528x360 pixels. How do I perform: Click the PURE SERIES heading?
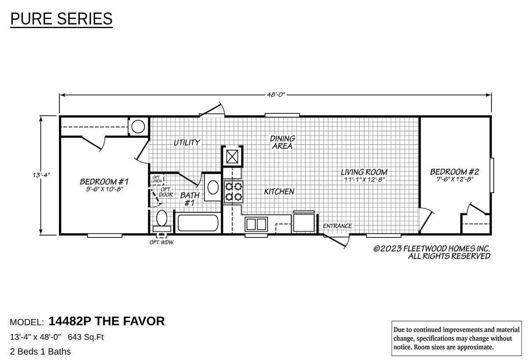tap(61, 19)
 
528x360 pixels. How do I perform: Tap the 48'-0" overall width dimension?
tap(276, 95)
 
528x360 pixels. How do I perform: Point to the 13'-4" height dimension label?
tap(41, 175)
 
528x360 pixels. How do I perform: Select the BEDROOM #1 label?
tap(104, 181)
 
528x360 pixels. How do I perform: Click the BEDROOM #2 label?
tap(454, 172)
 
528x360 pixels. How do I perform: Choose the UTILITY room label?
tap(187, 143)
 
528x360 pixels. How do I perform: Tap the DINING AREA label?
tap(282, 142)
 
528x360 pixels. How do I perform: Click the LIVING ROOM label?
tap(364, 172)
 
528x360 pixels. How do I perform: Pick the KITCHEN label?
tap(279, 191)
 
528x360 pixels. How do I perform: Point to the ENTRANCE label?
tap(337, 226)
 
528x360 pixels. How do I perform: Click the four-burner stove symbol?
tap(233, 191)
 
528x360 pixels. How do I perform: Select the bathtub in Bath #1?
tap(198, 223)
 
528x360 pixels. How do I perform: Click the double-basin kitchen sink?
tap(256, 224)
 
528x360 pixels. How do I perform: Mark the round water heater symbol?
tap(138, 127)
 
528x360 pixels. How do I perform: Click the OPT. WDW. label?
tap(161, 242)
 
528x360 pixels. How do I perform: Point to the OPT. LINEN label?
tap(157, 180)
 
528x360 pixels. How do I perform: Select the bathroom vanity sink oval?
tap(213, 187)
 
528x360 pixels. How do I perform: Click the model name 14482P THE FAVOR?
tap(106, 321)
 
